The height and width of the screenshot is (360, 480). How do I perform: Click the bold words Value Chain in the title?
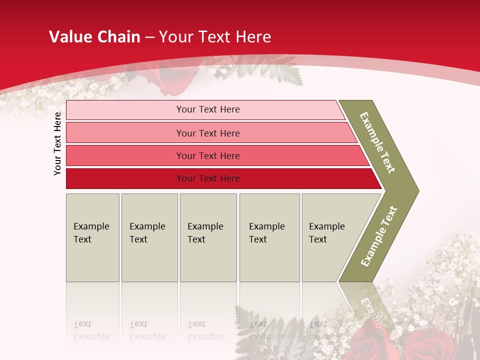pos(94,36)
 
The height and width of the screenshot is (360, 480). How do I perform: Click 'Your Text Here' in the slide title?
pos(215,36)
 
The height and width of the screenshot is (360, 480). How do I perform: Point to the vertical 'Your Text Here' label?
pos(57,143)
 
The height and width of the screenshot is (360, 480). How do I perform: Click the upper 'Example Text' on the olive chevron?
pos(377,142)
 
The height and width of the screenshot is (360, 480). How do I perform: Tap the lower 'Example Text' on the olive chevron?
pos(379,236)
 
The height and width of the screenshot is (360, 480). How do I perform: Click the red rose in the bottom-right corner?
pos(425,345)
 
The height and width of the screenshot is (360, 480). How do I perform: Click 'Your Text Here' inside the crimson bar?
pos(208,178)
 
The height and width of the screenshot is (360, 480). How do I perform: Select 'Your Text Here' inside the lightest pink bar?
pos(208,109)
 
